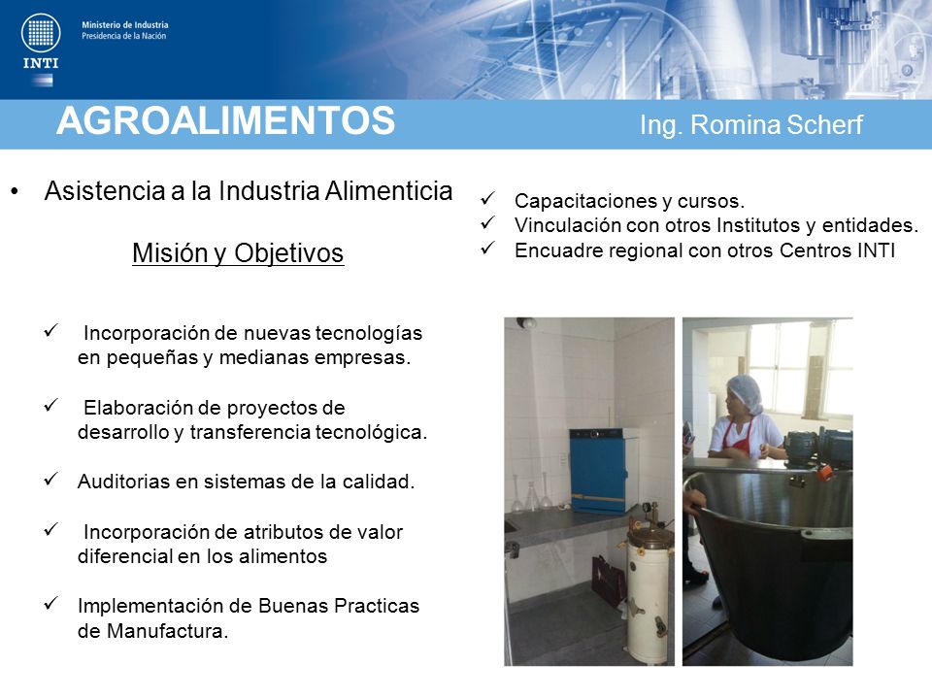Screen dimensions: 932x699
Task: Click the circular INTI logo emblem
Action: [x=41, y=32]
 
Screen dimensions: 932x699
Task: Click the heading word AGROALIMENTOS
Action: [x=226, y=120]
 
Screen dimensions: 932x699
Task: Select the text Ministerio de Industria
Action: [x=125, y=25]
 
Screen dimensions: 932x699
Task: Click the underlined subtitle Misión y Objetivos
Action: [x=238, y=253]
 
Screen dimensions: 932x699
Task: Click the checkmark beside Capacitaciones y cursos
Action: [x=488, y=198]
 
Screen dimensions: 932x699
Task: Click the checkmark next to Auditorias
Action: [x=51, y=479]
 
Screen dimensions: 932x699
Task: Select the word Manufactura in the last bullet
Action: [x=167, y=631]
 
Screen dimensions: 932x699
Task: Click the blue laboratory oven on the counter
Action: [x=599, y=470]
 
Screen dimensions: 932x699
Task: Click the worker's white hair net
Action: [x=745, y=393]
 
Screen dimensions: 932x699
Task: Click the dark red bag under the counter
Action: [x=609, y=581]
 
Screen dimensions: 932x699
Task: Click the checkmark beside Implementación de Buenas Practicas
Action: [x=51, y=603]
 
